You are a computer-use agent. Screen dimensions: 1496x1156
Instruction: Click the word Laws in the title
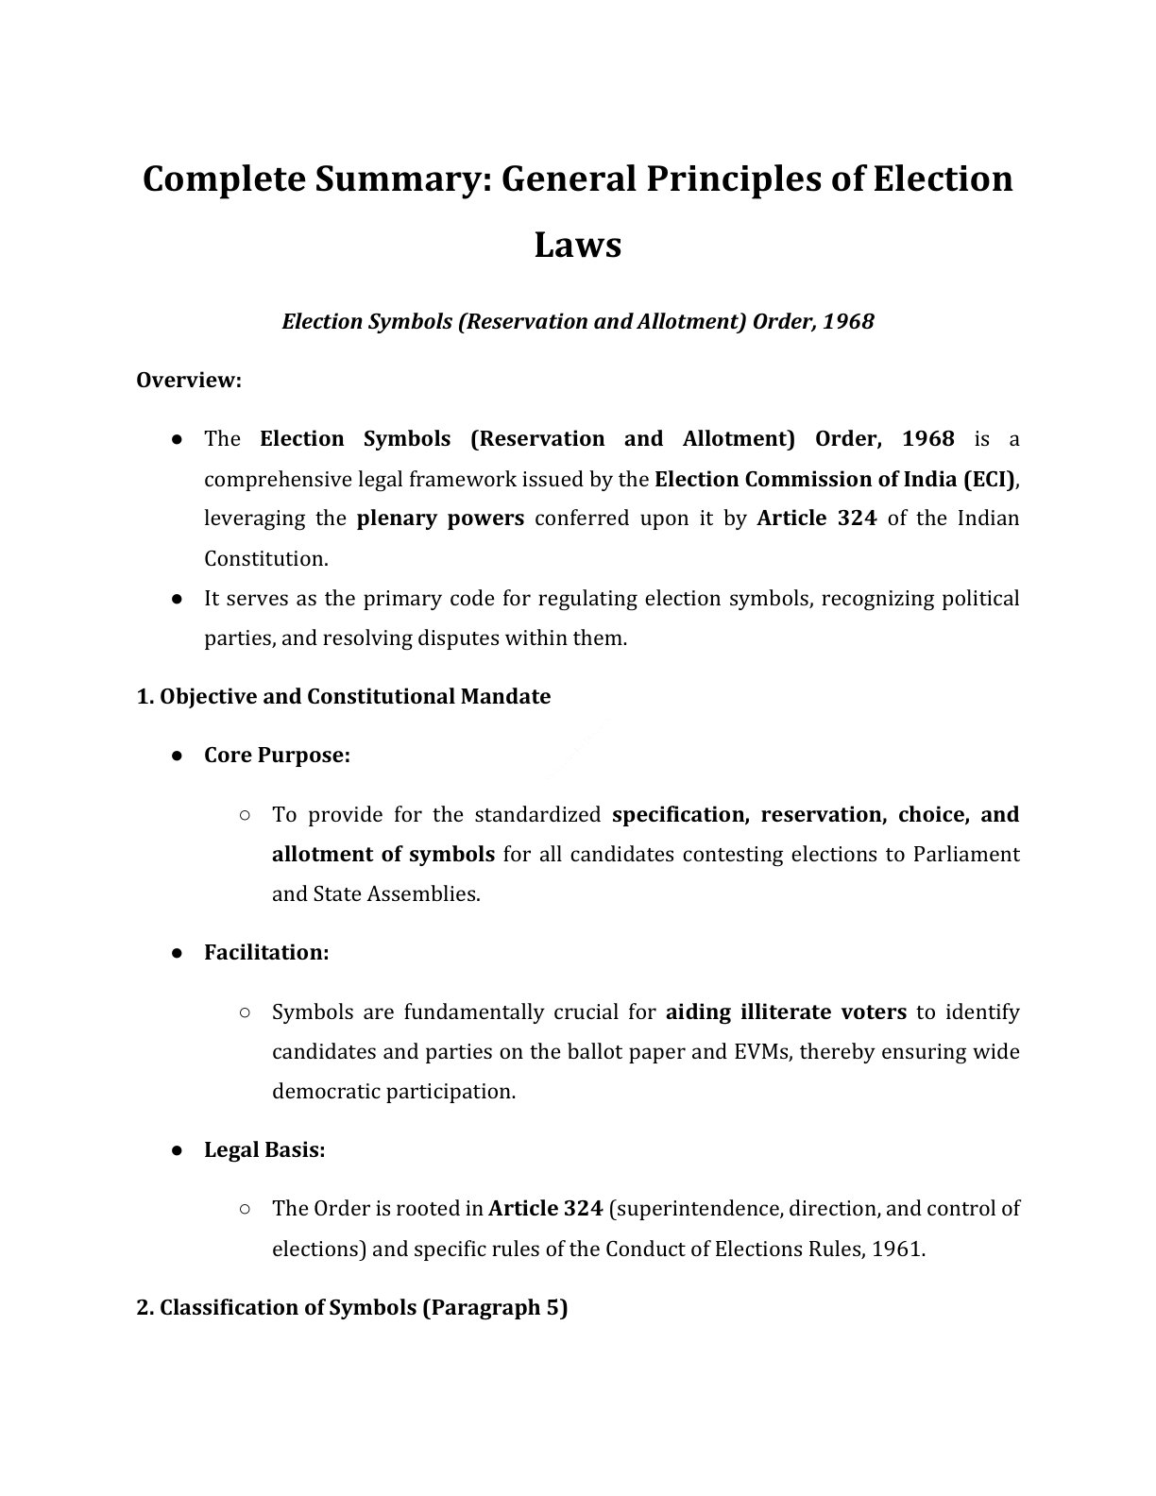577,245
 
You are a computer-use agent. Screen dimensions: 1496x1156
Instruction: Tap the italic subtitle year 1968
848,321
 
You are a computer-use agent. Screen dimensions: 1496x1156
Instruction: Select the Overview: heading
189,380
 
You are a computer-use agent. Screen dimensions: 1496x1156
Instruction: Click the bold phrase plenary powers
440,518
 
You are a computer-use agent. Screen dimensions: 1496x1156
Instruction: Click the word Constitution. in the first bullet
265,558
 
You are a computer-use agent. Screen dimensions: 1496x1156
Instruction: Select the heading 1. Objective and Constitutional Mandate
343,697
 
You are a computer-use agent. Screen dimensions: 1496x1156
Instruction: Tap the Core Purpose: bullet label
277,756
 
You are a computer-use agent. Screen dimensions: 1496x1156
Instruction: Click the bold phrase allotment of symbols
382,855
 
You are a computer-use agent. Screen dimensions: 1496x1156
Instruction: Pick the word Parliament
965,855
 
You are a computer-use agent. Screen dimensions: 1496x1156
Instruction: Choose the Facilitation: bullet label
266,953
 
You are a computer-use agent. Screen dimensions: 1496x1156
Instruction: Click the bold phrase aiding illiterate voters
786,1012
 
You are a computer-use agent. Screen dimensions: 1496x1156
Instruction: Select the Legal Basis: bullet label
264,1150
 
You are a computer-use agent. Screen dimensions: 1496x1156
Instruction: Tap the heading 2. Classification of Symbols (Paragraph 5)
351,1308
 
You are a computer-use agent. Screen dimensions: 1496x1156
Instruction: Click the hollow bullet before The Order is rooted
245,1208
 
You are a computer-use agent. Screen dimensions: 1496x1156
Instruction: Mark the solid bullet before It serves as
177,599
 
